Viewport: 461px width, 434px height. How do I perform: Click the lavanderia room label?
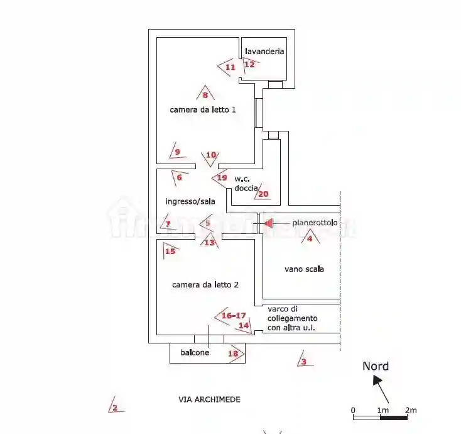(264, 51)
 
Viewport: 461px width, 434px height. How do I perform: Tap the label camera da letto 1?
(203, 110)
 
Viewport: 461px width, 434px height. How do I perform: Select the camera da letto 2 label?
(205, 285)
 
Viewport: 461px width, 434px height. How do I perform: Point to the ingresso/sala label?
(190, 201)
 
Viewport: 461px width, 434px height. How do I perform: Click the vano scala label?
(304, 269)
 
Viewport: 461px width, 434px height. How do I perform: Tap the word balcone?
(195, 352)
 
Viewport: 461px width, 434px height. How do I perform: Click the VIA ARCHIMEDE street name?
(209, 399)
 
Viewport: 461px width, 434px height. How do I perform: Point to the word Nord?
(376, 366)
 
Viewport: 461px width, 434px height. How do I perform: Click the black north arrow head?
(377, 380)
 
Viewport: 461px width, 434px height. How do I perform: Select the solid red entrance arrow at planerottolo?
(269, 223)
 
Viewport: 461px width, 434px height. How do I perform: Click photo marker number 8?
(205, 92)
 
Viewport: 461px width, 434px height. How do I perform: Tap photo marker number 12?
(250, 65)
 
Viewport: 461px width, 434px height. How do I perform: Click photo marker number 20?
(263, 193)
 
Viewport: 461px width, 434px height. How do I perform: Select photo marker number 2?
(116, 406)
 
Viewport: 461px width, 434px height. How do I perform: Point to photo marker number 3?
(305, 360)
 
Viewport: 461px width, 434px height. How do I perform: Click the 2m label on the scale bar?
(411, 410)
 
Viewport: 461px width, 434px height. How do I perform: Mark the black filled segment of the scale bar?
(394, 418)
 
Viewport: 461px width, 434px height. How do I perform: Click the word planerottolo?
(315, 223)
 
